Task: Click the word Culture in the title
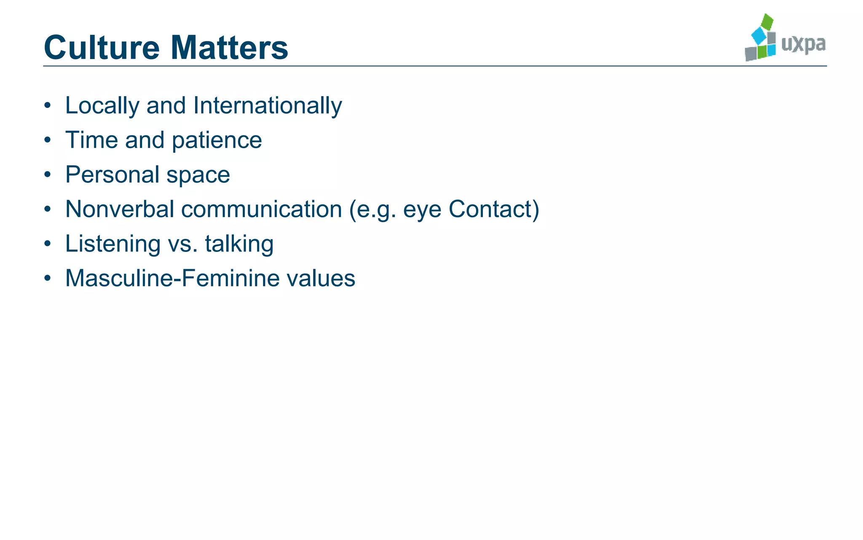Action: point(102,47)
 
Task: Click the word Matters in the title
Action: point(229,47)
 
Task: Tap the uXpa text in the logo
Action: point(803,44)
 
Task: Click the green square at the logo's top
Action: point(767,21)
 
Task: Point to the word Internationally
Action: point(268,105)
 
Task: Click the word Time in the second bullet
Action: point(91,140)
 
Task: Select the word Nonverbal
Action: point(120,209)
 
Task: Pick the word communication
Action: point(261,209)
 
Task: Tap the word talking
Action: point(239,244)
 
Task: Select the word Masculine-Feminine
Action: point(172,278)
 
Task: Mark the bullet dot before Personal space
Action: point(48,174)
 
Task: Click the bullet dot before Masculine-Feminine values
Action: point(48,278)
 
